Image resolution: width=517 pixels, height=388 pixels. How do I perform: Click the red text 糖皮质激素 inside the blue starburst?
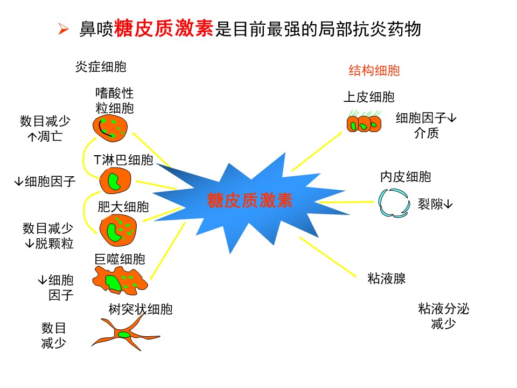250,201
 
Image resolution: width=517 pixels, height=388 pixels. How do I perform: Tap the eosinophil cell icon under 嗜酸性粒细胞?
110,128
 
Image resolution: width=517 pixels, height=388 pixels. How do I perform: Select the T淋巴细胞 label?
123,160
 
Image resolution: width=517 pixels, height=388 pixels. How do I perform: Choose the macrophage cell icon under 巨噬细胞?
118,280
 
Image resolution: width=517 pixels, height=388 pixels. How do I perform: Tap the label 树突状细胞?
141,309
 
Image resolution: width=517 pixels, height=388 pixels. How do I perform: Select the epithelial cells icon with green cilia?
364,123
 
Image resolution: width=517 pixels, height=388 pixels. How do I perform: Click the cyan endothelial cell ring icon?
394,203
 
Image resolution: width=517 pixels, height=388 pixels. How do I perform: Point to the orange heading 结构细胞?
374,71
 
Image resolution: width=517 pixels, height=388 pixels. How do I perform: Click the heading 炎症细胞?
101,67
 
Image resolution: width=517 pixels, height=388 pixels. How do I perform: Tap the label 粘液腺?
386,278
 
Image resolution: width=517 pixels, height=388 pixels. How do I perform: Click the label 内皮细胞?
406,177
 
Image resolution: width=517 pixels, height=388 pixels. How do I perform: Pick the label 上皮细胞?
369,97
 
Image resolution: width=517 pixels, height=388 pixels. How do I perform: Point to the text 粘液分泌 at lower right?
443,309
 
